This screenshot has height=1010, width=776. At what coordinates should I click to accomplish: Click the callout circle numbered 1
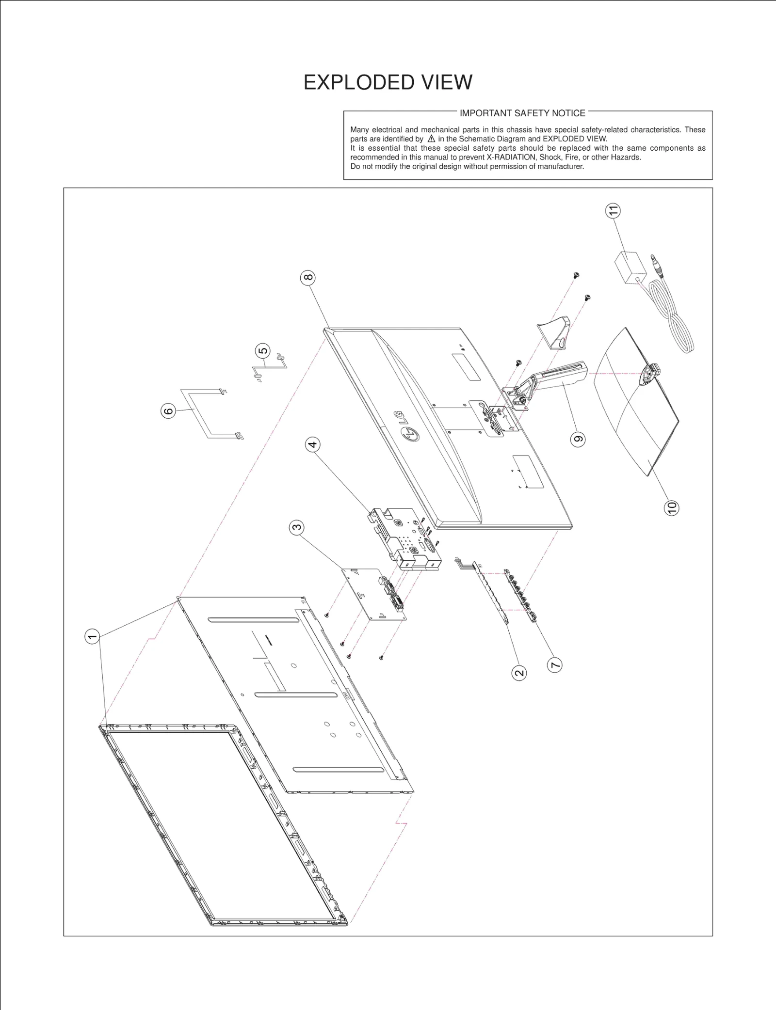(x=92, y=636)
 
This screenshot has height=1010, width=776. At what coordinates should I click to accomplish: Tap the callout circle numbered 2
(x=519, y=673)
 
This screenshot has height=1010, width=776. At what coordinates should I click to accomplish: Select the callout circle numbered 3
(x=296, y=527)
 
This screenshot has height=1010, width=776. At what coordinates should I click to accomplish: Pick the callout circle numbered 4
(x=312, y=444)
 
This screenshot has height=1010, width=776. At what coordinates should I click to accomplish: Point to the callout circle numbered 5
(x=262, y=351)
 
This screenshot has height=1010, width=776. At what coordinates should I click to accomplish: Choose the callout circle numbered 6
(x=168, y=411)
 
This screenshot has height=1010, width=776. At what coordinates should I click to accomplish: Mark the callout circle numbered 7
(x=555, y=664)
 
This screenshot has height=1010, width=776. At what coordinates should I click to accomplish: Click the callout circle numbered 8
(x=308, y=278)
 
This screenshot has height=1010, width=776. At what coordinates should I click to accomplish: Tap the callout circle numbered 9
(x=578, y=440)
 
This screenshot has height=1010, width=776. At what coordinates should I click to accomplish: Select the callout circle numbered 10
(x=671, y=508)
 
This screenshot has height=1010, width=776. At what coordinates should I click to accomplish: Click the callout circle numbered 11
(x=613, y=211)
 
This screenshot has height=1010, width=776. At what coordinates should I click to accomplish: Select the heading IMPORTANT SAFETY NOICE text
(x=522, y=113)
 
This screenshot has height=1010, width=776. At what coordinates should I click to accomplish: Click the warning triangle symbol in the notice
(x=431, y=139)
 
